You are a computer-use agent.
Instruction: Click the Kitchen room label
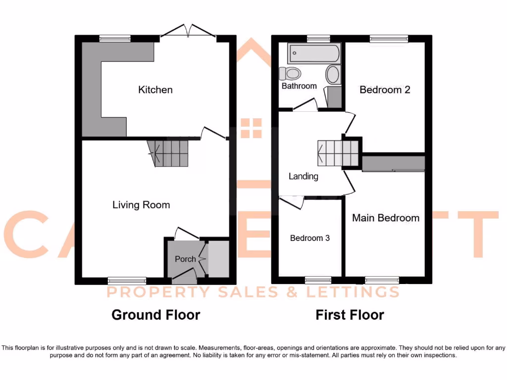pos(155,90)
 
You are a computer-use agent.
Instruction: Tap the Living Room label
pos(141,205)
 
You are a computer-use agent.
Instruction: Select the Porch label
pos(185,259)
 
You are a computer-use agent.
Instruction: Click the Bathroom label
pos(299,86)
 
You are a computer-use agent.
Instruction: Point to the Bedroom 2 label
pos(385,90)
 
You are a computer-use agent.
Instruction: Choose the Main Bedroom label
pos(385,218)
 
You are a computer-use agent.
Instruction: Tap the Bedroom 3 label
pos(310,238)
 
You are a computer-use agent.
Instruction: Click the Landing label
pos(303,176)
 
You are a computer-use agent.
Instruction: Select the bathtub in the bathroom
pos(314,53)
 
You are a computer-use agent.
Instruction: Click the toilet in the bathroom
pos(290,74)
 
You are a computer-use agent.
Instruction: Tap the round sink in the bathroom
pos(333,75)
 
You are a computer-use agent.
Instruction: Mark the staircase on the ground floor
pos(169,153)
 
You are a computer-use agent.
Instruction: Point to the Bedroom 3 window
pos(318,280)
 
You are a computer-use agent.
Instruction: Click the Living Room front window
pos(127,281)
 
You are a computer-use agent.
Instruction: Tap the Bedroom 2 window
pos(389,39)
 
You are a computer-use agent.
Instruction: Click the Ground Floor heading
pos(155,315)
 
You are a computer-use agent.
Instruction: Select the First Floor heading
pos(350,315)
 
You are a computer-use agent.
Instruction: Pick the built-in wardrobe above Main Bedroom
pos(394,163)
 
